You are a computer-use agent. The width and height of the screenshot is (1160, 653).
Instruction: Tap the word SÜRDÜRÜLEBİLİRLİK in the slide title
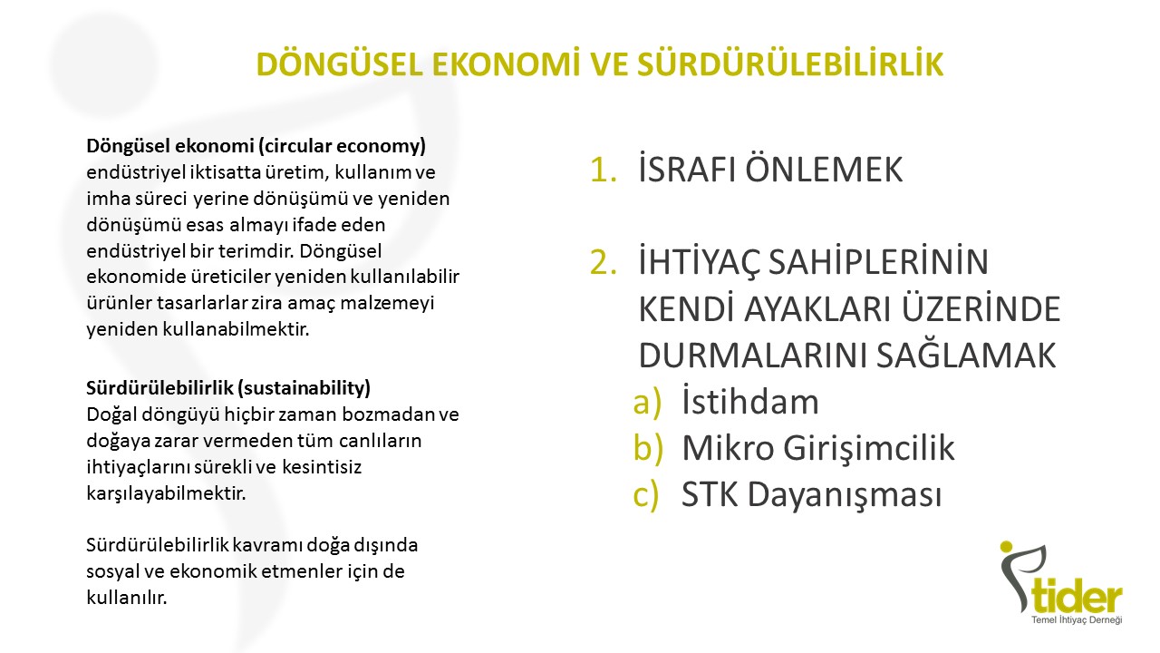coord(790,63)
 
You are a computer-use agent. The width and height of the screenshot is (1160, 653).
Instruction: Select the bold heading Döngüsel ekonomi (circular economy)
coord(256,146)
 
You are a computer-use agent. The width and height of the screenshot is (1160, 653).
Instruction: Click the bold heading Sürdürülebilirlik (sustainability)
coord(228,388)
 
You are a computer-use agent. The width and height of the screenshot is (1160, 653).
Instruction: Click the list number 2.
coord(604,262)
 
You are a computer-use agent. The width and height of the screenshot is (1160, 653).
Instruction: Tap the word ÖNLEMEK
coord(824,169)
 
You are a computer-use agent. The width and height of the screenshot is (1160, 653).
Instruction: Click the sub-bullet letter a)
coord(647,402)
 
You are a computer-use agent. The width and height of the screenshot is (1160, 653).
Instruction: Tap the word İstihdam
coord(749,401)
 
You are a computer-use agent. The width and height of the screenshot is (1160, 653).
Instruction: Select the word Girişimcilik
coord(868,448)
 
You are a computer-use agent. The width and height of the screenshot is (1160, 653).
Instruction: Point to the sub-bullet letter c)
coord(646,495)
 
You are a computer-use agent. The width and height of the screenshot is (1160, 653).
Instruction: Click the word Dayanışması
coord(844,495)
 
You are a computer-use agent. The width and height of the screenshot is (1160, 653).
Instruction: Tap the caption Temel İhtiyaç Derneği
coord(1077,619)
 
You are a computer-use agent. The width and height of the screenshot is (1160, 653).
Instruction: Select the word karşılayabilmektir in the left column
coord(166,493)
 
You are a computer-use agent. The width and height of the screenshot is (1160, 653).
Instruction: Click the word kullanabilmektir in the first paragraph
coord(236,329)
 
